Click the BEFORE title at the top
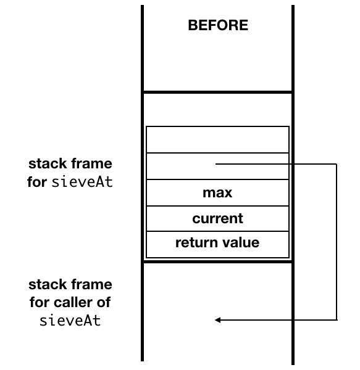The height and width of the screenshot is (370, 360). click(x=217, y=25)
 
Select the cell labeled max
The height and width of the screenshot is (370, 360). click(x=217, y=193)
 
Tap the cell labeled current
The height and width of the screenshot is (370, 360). click(x=217, y=218)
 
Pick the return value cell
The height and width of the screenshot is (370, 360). click(x=217, y=242)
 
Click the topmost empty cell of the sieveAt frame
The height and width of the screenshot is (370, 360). click(x=217, y=139)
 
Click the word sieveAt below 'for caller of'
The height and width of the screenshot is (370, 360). click(x=70, y=321)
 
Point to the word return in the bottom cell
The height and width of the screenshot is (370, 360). click(x=195, y=242)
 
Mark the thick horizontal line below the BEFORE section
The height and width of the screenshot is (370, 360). click(x=217, y=92)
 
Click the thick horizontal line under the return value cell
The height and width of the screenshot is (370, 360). click(x=217, y=261)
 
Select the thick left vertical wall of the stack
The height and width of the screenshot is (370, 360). click(x=143, y=185)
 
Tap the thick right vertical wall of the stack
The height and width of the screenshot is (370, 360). click(x=293, y=185)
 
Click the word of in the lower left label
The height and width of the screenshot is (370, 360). click(x=105, y=303)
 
